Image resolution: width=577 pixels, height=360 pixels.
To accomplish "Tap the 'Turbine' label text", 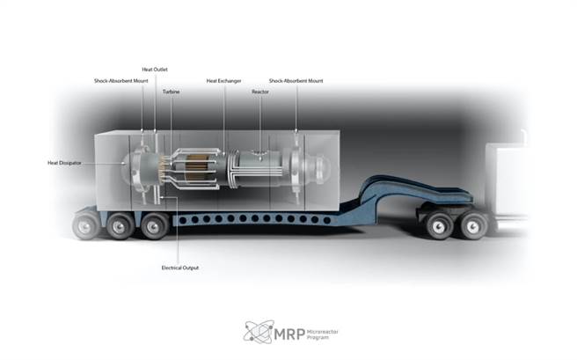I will point(172,92).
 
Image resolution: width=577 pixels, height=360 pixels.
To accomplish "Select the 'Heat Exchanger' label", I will point(224,80).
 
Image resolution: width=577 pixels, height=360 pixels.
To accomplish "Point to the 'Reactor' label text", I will point(260,92).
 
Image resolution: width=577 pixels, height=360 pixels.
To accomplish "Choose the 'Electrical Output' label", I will point(179,267).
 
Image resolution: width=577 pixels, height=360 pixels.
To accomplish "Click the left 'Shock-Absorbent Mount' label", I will point(120,80).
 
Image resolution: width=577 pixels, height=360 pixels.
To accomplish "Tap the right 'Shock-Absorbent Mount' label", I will point(296,80).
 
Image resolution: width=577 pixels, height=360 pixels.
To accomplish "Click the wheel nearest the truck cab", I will point(471,225).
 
